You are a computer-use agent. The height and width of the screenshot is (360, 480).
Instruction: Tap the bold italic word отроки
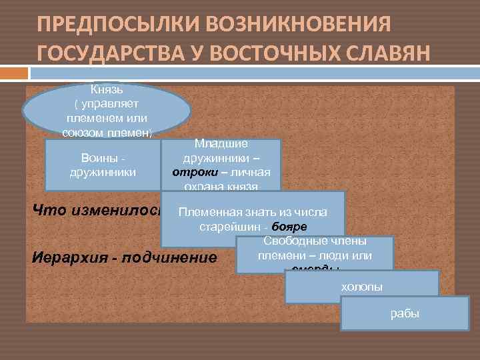[187, 172]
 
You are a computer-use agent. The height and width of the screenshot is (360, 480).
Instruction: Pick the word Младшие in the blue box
[221, 143]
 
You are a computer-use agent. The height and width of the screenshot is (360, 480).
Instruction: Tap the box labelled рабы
[404, 313]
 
